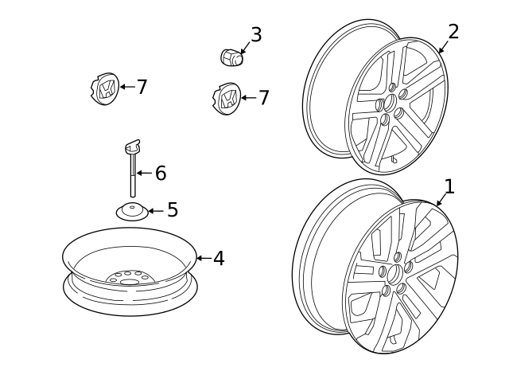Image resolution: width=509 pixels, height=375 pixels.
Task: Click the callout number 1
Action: tap(449, 187)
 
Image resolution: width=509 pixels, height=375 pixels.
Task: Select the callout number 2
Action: tap(453, 32)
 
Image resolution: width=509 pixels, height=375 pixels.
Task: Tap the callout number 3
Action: tap(256, 35)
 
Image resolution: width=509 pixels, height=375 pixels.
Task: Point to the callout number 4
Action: tap(219, 259)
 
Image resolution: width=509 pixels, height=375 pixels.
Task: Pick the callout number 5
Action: tap(173, 209)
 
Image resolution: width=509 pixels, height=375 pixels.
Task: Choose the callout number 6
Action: tap(161, 174)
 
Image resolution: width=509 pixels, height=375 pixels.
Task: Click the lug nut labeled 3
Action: tap(232, 57)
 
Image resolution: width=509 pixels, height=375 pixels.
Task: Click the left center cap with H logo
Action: tap(104, 88)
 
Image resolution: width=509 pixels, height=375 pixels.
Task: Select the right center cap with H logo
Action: tap(227, 99)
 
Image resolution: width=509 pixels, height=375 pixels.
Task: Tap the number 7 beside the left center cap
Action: tap(142, 87)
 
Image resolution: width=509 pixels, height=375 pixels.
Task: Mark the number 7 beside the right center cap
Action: tap(263, 98)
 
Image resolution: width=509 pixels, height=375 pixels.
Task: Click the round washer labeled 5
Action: tap(132, 211)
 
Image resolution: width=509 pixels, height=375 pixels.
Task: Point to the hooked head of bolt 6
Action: tap(133, 146)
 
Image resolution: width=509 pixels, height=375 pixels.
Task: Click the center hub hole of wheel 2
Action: tap(389, 103)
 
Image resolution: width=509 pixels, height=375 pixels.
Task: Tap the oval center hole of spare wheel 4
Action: tap(129, 282)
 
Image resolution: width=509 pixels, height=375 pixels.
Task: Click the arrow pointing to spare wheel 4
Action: tap(204, 258)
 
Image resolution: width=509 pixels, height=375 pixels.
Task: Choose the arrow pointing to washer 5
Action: tap(156, 211)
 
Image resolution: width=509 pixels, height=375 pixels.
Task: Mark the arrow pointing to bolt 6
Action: tap(145, 174)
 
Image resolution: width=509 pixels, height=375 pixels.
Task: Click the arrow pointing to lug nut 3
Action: tap(246, 48)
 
